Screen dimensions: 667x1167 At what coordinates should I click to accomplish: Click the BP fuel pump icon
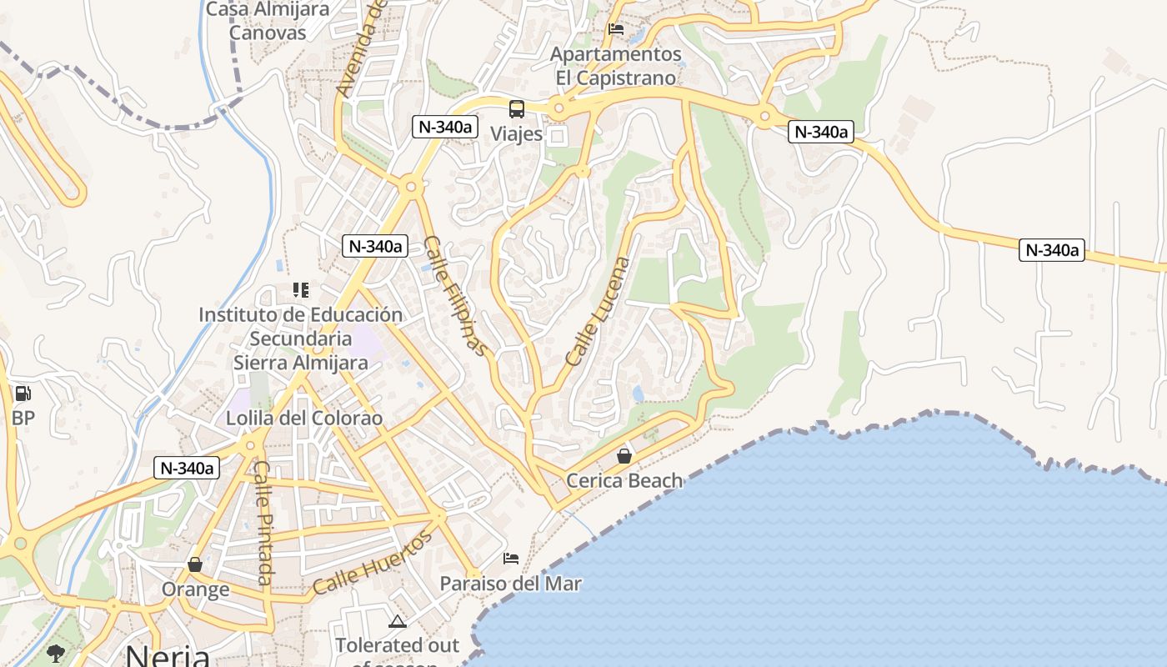[x=23, y=394]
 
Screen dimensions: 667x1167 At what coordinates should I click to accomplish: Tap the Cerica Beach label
[x=624, y=480]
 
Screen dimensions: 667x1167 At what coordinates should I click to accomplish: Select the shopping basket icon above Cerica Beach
[x=624, y=456]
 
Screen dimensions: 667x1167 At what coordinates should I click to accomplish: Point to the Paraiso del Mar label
[x=510, y=583]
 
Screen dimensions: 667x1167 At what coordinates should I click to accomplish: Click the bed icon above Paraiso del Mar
[x=511, y=558]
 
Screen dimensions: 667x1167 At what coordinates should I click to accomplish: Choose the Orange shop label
[x=195, y=589]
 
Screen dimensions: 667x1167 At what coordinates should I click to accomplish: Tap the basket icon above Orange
[x=195, y=564]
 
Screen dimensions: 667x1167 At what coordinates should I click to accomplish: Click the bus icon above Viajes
[x=517, y=109]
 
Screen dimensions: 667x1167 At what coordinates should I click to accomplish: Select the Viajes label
[x=516, y=133]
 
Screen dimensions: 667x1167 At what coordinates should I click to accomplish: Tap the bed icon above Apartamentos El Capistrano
[x=616, y=29]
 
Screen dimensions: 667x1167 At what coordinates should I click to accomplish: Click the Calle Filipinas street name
[x=455, y=296]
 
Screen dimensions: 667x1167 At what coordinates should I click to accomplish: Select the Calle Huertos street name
[x=373, y=563]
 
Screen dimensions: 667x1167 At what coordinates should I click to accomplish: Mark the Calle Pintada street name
[x=263, y=523]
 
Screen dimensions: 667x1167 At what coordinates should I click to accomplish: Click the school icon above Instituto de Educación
[x=301, y=290]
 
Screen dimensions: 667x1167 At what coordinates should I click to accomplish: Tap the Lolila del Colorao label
[x=304, y=418]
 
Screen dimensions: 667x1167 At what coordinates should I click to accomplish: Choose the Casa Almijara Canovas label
[x=268, y=21]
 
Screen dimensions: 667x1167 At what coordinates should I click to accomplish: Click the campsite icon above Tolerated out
[x=398, y=621]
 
